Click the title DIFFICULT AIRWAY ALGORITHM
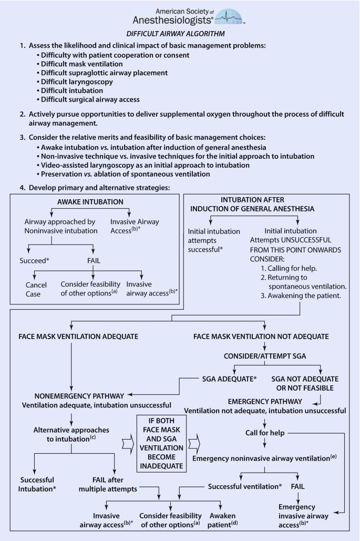coord(180,34)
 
